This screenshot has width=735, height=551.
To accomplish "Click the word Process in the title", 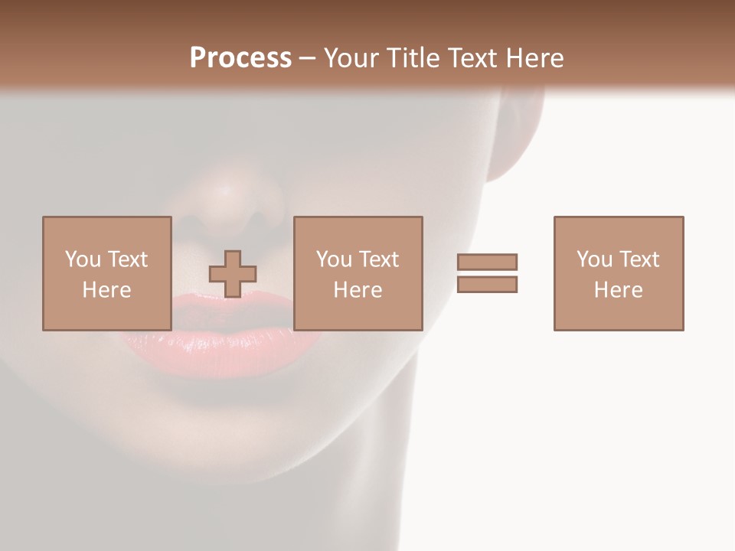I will click(x=240, y=58).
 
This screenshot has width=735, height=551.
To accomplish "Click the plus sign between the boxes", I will click(x=233, y=273).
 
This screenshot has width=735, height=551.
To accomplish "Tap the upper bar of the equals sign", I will click(x=487, y=262).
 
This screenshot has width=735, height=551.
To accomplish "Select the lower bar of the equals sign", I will click(x=487, y=284).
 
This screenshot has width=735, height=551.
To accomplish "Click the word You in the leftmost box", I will click(x=83, y=259).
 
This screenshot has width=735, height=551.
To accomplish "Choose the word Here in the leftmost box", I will click(x=106, y=290).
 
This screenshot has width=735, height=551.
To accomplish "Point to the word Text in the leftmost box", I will click(x=127, y=259).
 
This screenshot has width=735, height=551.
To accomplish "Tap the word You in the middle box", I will click(x=334, y=259).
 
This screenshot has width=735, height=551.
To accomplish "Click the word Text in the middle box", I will click(x=378, y=259).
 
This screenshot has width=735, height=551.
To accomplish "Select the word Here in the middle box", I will click(x=358, y=290).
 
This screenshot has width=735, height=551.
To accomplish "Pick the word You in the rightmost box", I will click(x=594, y=259).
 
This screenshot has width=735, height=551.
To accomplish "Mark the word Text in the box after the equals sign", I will click(x=639, y=259).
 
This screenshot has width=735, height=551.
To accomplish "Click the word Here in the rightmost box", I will click(x=618, y=290).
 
